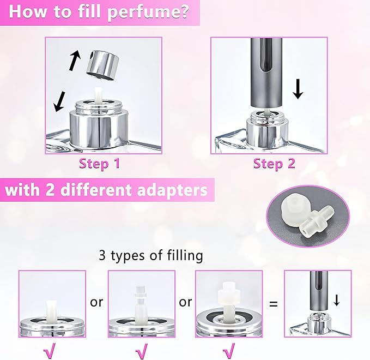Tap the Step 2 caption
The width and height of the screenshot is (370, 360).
coord(274,163)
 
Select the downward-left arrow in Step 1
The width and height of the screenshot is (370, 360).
coord(61,100)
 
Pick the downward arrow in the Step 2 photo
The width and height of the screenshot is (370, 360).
coord(298,88)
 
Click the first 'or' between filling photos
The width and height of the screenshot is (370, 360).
coord(96,302)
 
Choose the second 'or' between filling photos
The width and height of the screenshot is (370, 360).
coord(185,302)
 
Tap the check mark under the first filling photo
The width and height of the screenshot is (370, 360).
coord(52,349)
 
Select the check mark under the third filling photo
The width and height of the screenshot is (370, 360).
coord(230,349)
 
